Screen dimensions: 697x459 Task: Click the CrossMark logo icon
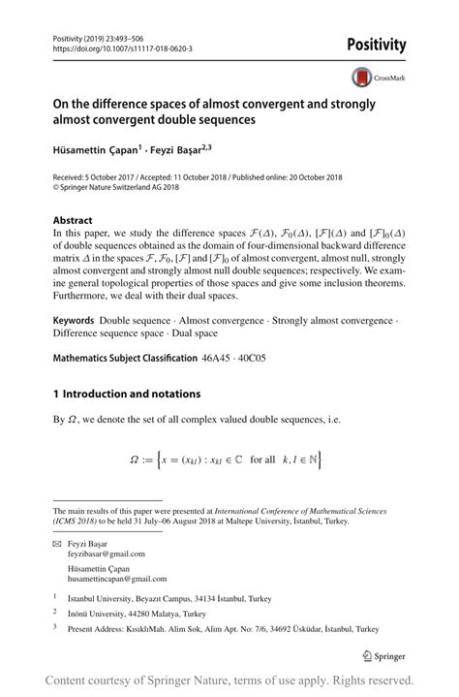[361, 78]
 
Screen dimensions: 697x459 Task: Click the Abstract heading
[73, 220]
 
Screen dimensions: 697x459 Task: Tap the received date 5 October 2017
[114, 178]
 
